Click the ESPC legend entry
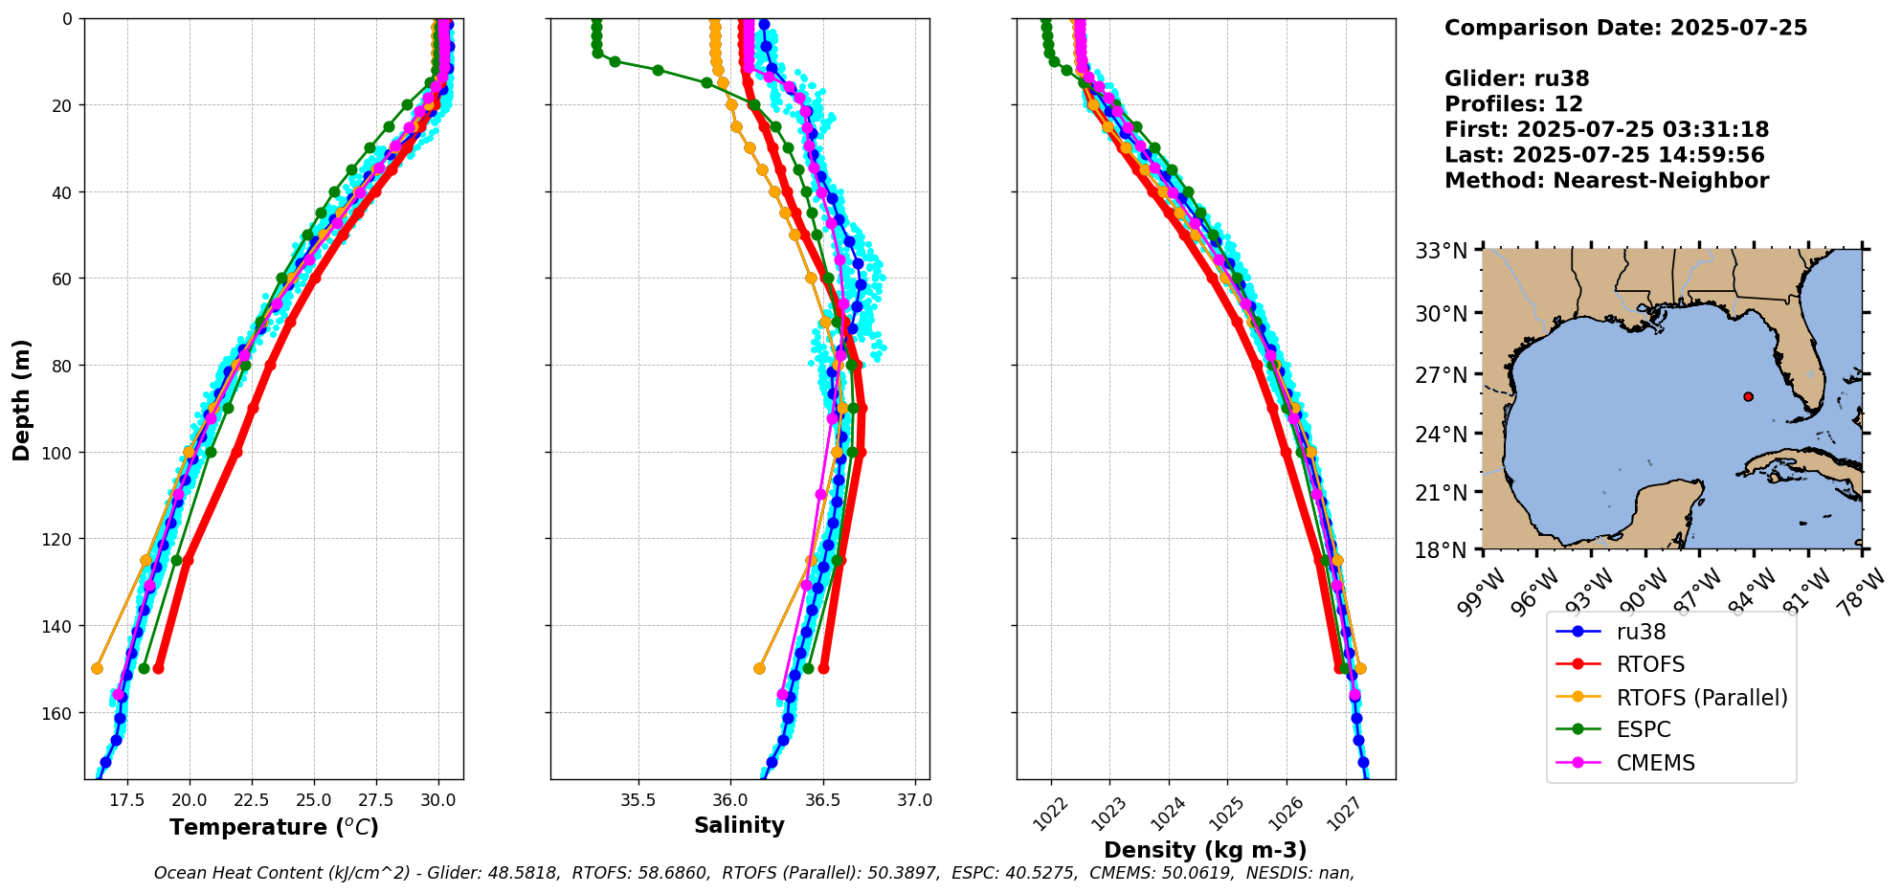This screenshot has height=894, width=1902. pos(1643,729)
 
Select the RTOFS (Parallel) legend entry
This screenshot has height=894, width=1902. pos(1701,697)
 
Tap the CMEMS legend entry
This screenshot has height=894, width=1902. pos(1655,763)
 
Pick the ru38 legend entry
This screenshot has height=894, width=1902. pos(1641,632)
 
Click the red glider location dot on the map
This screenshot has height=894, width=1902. pos(1748,396)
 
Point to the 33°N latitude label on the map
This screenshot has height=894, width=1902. pos(1442,251)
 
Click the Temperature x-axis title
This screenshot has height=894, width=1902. pos(274,827)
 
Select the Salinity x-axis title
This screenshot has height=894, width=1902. pos(739,826)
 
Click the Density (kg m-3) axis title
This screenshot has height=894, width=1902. pos(1205,850)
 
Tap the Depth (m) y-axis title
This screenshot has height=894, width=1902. pos(21,399)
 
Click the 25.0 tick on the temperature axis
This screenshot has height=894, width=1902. pos(314,800)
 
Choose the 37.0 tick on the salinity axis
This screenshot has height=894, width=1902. pos(914,800)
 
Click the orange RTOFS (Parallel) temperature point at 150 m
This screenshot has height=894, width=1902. pos(97,668)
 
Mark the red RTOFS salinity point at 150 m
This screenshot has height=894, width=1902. pos(823,668)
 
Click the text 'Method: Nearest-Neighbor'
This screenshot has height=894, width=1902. pos(1606,180)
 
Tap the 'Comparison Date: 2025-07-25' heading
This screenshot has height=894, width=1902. pos(1625,28)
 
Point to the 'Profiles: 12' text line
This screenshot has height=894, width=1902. pos(1513,103)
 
